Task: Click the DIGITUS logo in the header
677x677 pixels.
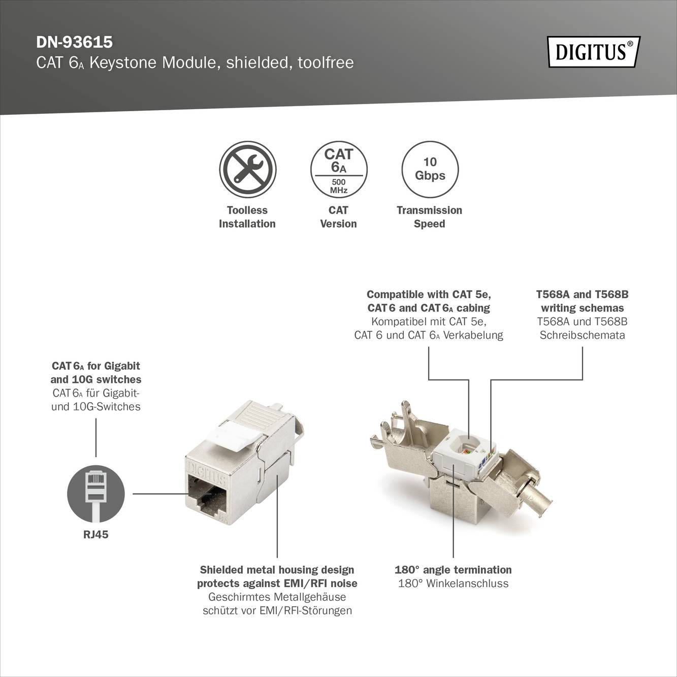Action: (593, 52)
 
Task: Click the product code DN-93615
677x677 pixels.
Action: (74, 41)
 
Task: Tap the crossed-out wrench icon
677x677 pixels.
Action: (247, 170)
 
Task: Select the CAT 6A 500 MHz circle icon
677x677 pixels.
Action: (338, 170)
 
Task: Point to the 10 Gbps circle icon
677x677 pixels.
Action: (430, 170)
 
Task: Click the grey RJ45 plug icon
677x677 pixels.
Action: (96, 493)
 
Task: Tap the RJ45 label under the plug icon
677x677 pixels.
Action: (96, 535)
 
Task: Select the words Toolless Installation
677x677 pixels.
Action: (247, 217)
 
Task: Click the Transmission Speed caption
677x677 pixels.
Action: (430, 217)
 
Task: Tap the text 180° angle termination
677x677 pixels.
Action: (453, 570)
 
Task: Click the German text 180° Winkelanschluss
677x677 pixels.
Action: (453, 584)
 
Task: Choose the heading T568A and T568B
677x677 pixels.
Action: (582, 295)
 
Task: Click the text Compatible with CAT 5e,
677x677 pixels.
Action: (429, 295)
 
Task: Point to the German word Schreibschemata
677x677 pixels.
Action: (582, 335)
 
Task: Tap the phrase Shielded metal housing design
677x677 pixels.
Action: (277, 570)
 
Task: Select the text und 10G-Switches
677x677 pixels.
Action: (96, 406)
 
